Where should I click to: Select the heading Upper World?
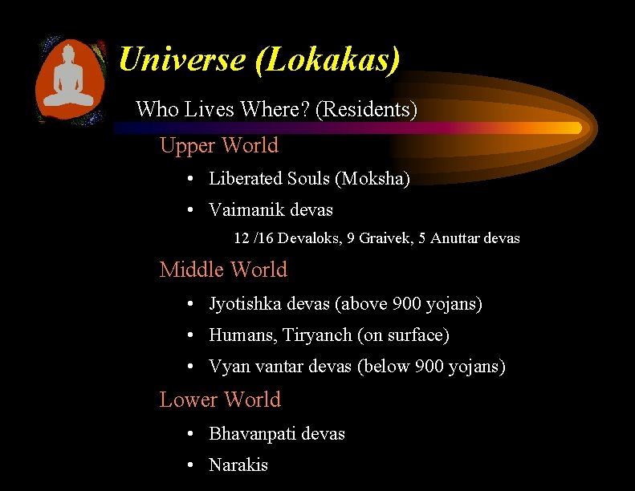pos(219,145)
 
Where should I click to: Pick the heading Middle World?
pos(223,270)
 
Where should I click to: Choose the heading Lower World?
pos(220,400)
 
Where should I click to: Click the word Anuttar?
pos(456,238)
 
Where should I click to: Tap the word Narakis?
pos(238,465)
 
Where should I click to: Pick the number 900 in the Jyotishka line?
pos(407,304)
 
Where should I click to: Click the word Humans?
pos(241,335)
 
